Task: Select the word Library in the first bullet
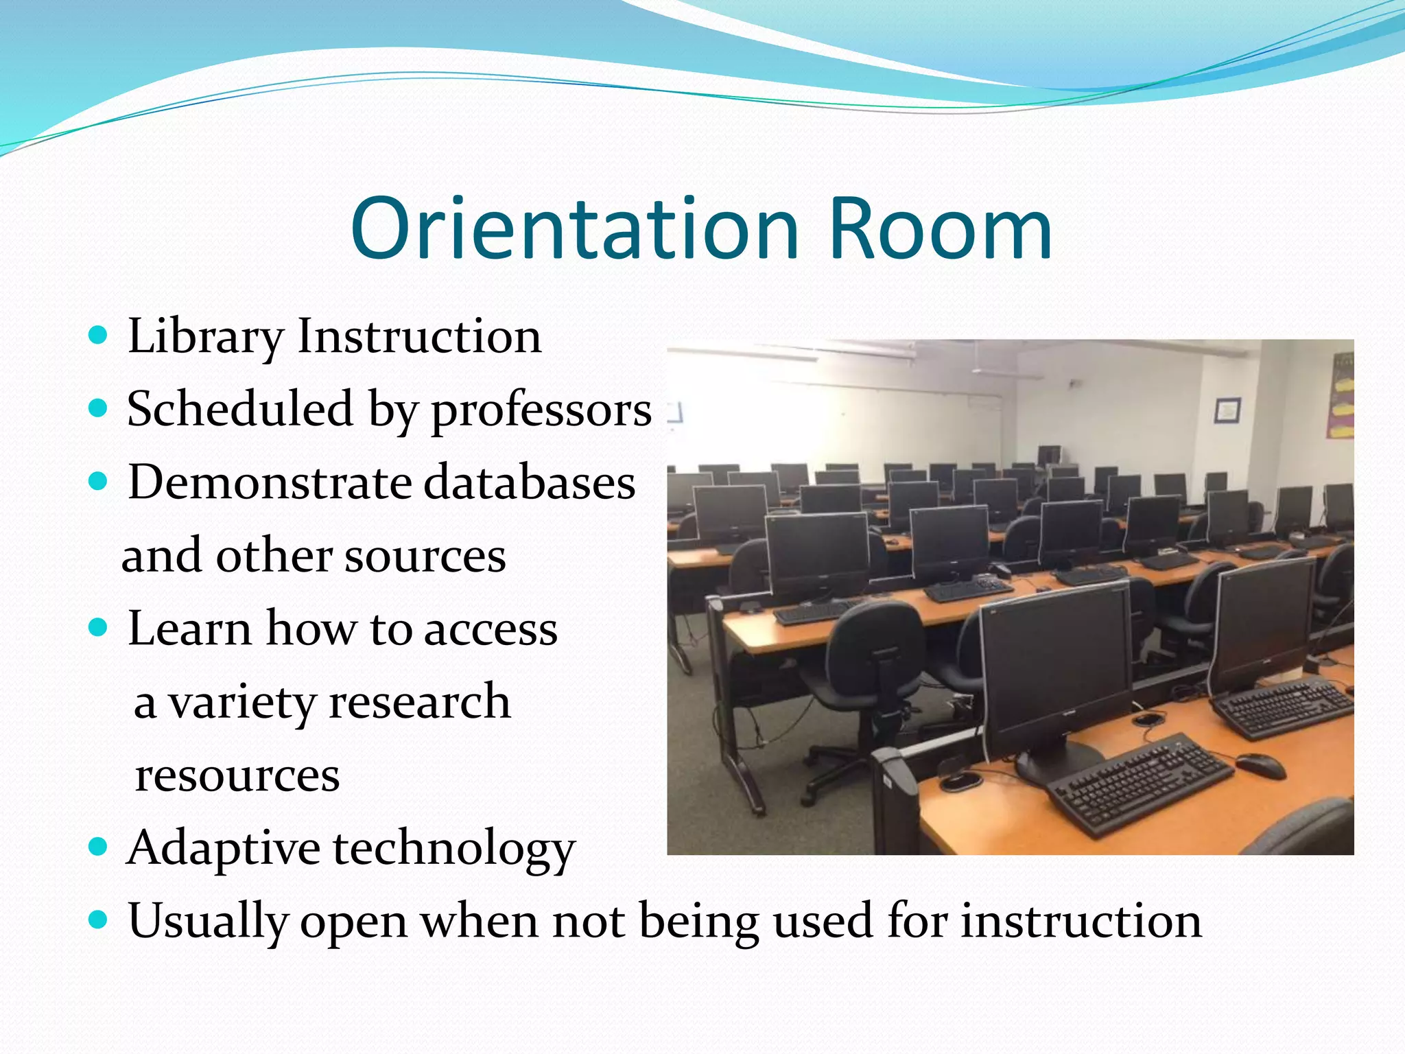point(204,338)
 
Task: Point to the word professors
point(541,410)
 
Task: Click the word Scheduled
point(240,409)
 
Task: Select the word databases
point(529,482)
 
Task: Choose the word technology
point(453,850)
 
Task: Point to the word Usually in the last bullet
point(207,922)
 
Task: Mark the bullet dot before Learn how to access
point(99,627)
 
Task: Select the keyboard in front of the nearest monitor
point(1139,782)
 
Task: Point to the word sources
point(425,556)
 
